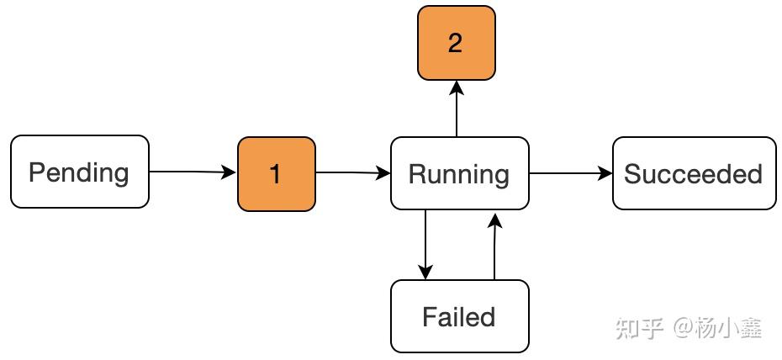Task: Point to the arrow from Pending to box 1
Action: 193,172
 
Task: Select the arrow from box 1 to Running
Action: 352,173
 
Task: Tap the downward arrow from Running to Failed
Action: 425,244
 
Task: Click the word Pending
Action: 78,173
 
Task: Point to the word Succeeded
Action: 693,174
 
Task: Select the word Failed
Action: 458,317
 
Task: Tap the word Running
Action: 458,174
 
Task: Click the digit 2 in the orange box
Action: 455,44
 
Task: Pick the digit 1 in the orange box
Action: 275,175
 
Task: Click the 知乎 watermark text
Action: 639,327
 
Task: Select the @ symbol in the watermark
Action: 682,327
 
